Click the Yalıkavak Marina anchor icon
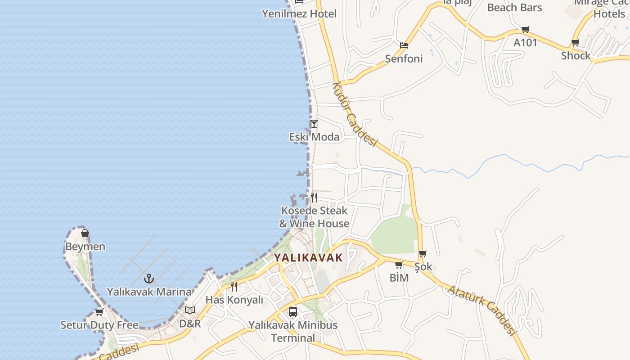(x=149, y=279)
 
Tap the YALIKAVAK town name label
(x=308, y=258)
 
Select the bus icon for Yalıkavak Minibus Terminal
(x=293, y=311)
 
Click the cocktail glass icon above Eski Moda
(x=314, y=124)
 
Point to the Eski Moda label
(x=314, y=137)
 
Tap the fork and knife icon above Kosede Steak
(x=314, y=197)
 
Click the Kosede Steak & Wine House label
(x=314, y=217)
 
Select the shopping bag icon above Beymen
(x=85, y=233)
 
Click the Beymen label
(x=85, y=247)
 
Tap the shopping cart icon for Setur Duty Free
(x=99, y=312)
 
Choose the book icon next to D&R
(x=190, y=310)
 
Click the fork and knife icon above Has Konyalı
(x=234, y=286)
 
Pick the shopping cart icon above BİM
(x=399, y=265)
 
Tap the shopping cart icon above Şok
(x=423, y=254)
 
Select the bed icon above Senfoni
(x=404, y=45)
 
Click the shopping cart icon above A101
(x=525, y=30)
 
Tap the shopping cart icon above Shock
(x=575, y=43)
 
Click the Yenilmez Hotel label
(x=299, y=14)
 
